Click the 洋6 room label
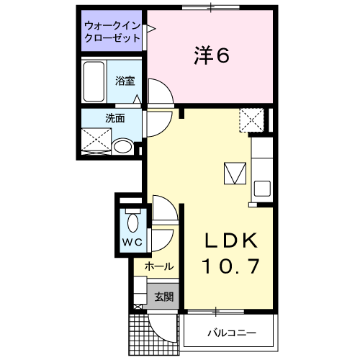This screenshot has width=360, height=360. (211, 55)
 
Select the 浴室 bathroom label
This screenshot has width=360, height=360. (125, 81)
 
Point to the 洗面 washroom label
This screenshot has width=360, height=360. (115, 118)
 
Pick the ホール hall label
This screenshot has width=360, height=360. (158, 266)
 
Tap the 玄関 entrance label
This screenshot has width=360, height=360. (163, 296)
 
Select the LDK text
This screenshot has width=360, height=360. (228, 240)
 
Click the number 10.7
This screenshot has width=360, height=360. (229, 267)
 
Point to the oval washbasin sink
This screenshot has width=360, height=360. (123, 147)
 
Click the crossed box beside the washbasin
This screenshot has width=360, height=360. (95, 140)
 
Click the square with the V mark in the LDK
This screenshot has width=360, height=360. (235, 174)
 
